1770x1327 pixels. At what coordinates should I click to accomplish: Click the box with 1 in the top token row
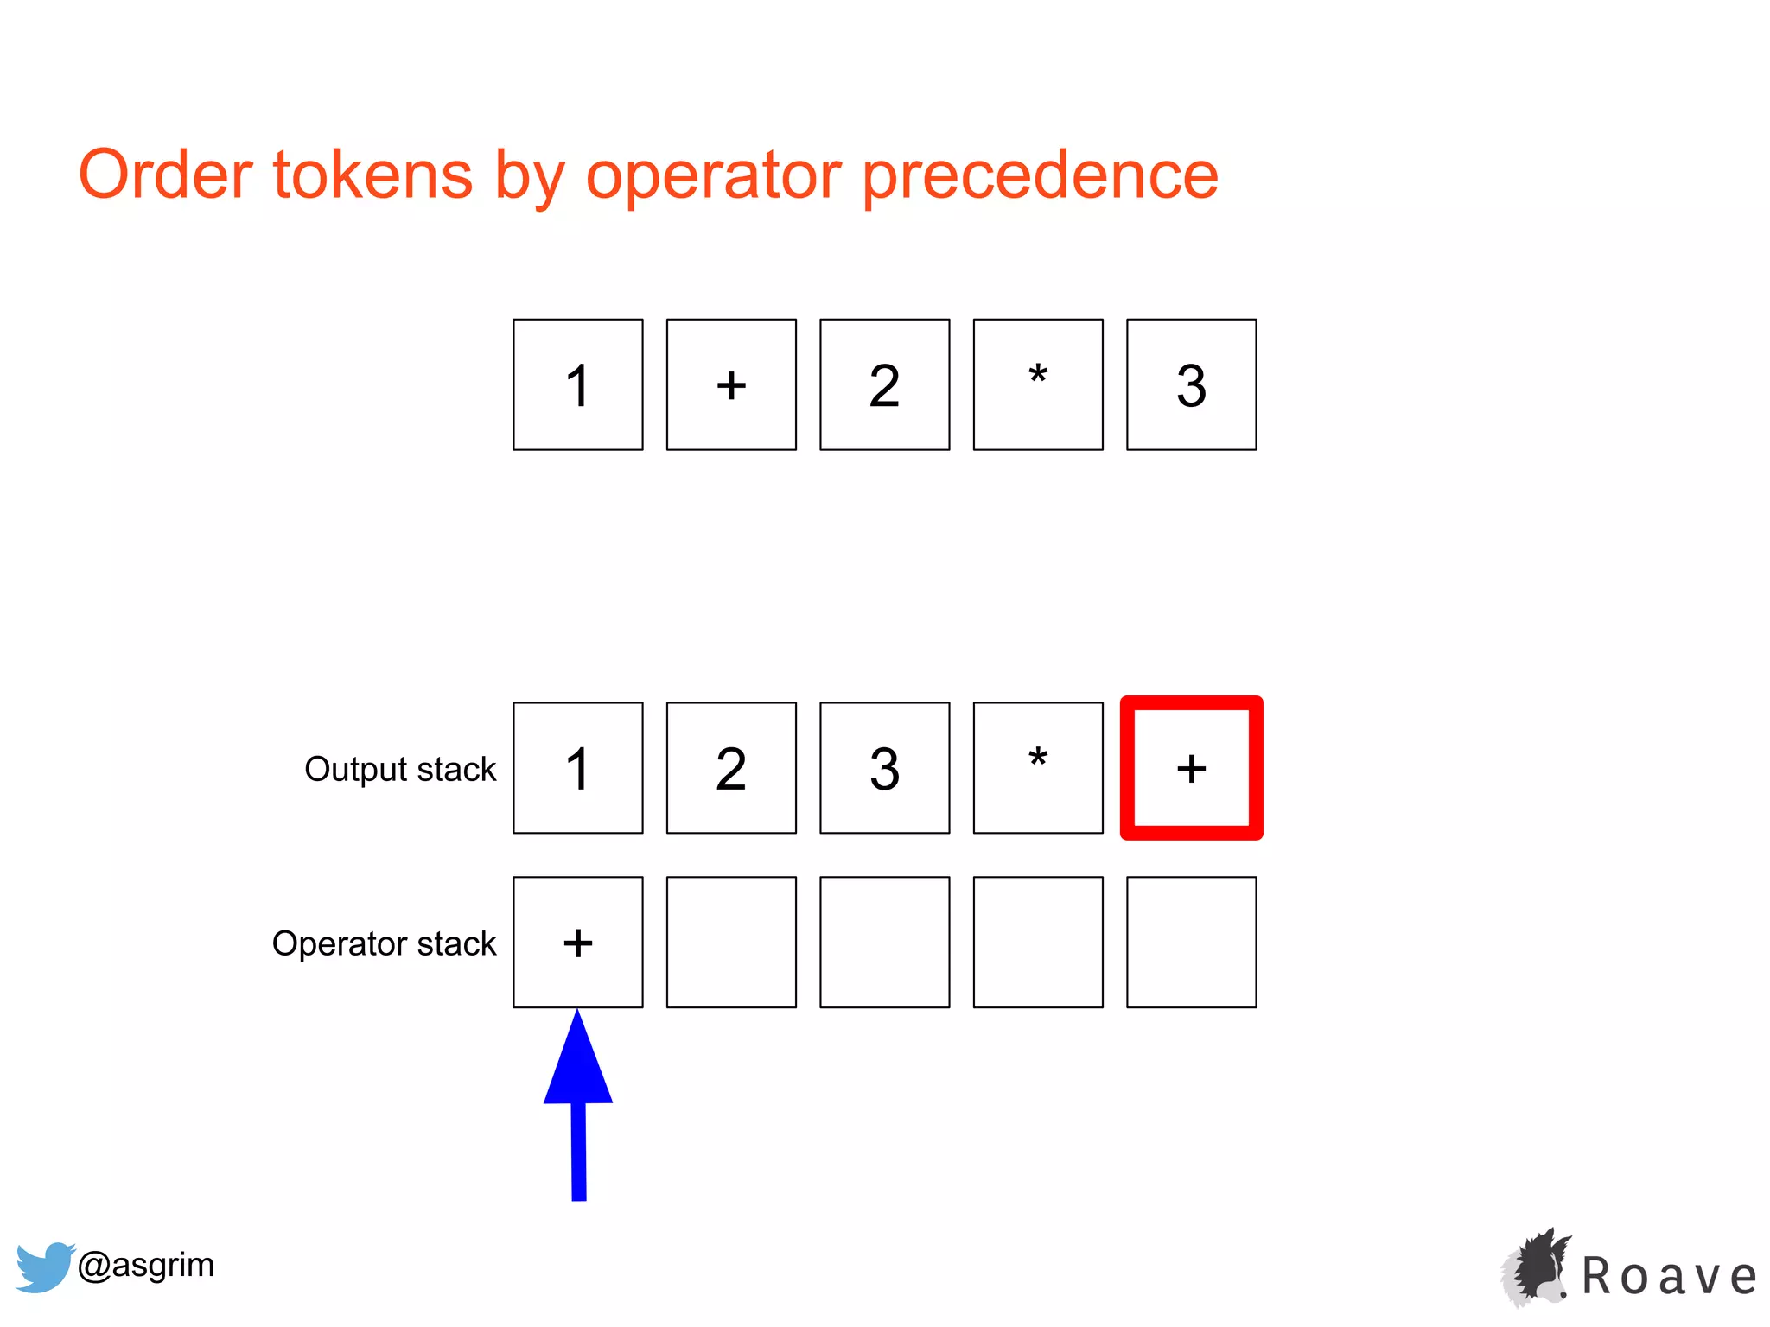click(577, 384)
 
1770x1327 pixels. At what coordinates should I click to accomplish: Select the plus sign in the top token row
click(731, 384)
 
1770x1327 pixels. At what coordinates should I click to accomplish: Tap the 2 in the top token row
click(884, 384)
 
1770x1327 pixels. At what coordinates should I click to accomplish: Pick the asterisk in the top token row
click(1038, 384)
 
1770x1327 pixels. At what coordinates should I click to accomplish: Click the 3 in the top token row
click(1191, 384)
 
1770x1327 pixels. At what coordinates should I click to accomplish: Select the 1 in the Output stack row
click(577, 768)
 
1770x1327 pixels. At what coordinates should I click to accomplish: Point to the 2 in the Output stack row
click(731, 768)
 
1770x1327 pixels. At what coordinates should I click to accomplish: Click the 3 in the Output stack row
click(884, 768)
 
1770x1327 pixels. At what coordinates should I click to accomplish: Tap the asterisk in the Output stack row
click(1038, 768)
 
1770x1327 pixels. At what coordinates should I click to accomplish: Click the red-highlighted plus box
click(1191, 768)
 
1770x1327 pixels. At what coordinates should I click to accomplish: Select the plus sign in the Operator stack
click(577, 943)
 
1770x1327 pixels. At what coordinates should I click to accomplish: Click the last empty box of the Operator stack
click(1191, 943)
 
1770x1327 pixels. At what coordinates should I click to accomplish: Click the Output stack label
click(400, 769)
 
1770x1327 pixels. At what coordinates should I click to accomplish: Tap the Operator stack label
click(384, 943)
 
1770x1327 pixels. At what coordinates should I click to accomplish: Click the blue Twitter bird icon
click(43, 1267)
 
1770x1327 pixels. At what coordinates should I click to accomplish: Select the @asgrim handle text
click(146, 1265)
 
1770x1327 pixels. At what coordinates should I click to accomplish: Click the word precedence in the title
click(1041, 176)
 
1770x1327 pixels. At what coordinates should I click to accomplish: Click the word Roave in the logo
click(1668, 1277)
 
